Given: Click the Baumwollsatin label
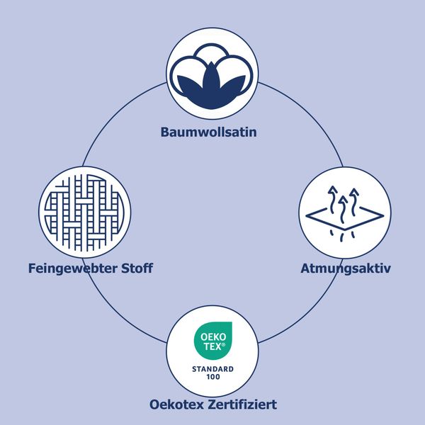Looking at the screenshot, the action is coord(209,132).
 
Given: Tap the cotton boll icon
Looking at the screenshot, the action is coord(212,76).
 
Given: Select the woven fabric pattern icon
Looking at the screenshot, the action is coord(84,212).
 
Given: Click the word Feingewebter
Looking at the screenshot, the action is coord(72,269).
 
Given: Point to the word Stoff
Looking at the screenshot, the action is coord(137,268).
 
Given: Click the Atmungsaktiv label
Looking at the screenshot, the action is coord(346,269).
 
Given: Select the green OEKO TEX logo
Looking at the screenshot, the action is coord(213,341).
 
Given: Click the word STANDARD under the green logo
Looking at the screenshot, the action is coord(212,369).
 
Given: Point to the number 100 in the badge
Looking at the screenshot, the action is coord(213,377).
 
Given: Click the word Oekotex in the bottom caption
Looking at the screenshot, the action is coord(176,404).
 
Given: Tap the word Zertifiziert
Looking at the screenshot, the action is coord(242,404).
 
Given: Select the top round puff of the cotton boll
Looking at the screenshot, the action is coord(212,53).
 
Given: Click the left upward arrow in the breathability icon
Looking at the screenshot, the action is coord(332,200).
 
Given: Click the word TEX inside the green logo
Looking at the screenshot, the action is coord(214,346).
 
